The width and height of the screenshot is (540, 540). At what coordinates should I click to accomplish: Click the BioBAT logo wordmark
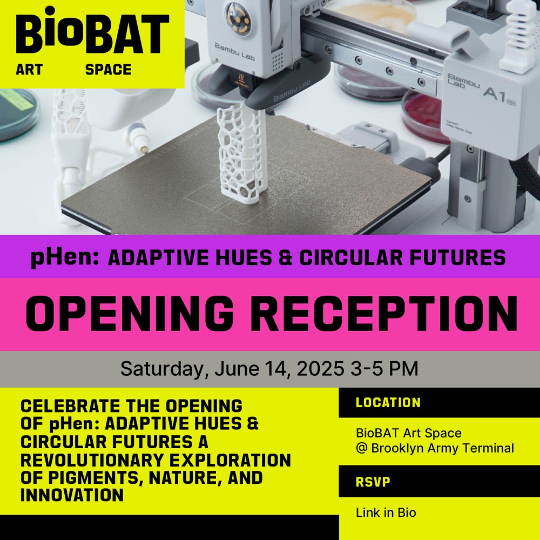[x=93, y=30]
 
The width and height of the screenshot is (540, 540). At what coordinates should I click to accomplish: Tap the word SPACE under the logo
[x=108, y=70]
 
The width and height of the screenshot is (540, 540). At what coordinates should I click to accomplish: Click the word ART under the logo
[x=29, y=70]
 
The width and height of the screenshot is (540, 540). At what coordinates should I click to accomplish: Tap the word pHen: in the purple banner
[x=65, y=258]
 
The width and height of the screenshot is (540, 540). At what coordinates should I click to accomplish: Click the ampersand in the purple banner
[x=285, y=258]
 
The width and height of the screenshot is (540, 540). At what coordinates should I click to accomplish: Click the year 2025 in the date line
[x=320, y=368]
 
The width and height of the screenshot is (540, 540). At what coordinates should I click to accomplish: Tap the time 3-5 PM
[x=384, y=368]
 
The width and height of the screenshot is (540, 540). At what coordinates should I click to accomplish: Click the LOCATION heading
[x=388, y=403]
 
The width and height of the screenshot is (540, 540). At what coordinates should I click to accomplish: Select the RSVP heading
[x=373, y=482]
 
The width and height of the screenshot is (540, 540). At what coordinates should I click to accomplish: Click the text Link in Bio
[x=386, y=513]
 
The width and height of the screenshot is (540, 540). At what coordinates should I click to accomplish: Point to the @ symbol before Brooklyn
[x=362, y=448]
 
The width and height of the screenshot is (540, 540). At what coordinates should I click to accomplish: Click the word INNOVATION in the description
[x=72, y=495]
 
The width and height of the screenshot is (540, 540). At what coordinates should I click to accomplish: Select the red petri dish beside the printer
[x=423, y=116]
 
